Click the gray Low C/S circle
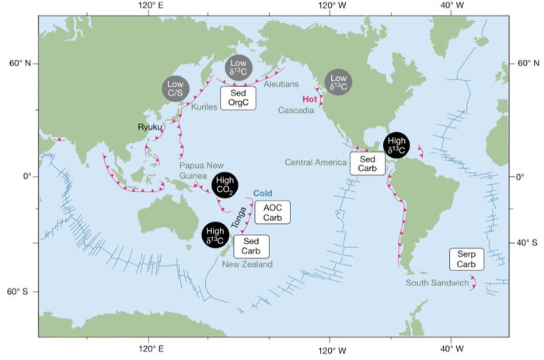click(176, 89)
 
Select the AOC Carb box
click(272, 211)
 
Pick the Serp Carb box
click(466, 260)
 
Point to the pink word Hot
click(311, 99)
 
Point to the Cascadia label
click(296, 110)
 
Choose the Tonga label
click(243, 213)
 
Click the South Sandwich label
click(438, 283)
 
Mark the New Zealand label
click(247, 264)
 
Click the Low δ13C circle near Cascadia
click(338, 82)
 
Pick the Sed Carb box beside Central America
click(367, 163)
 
